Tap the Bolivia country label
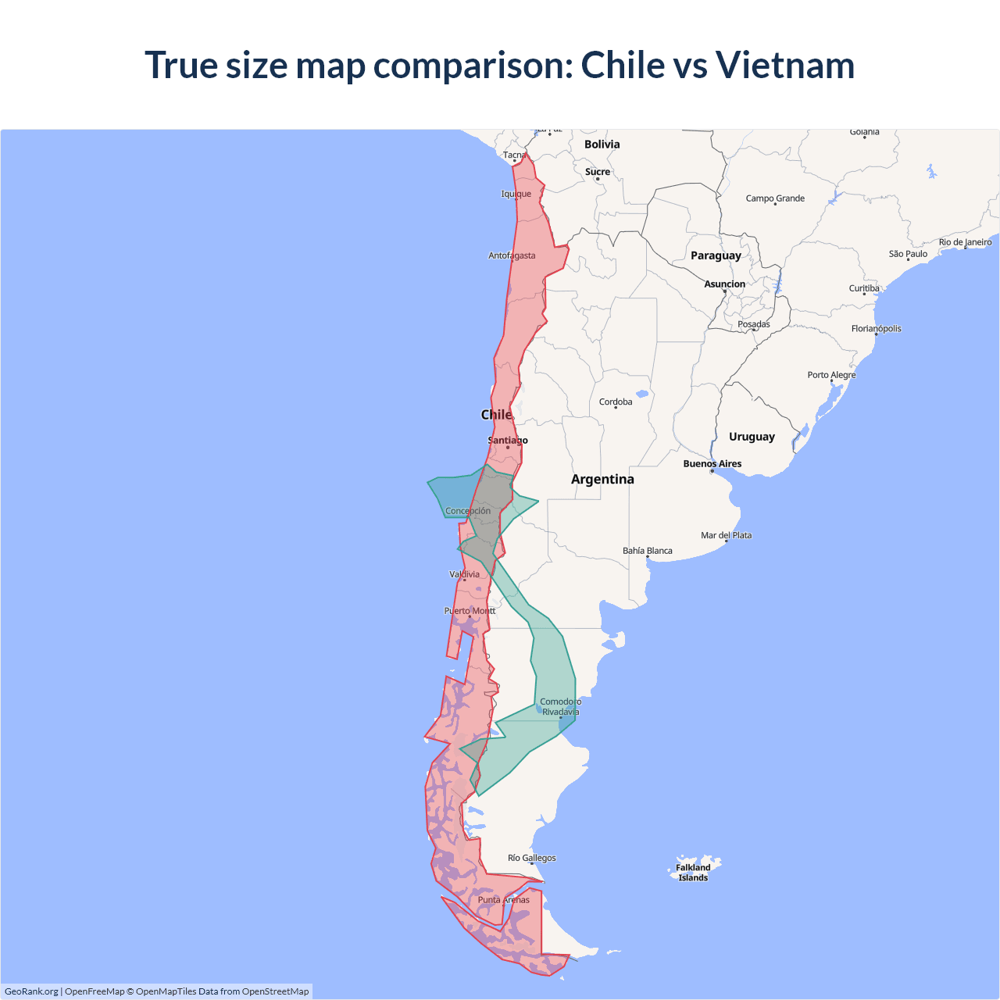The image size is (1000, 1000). (602, 145)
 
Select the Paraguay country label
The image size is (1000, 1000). (716, 255)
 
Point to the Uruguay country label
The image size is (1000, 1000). (752, 437)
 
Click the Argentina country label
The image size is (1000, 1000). (602, 479)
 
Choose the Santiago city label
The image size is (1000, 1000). (508, 441)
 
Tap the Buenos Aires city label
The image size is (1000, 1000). (712, 464)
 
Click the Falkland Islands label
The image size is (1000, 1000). (693, 872)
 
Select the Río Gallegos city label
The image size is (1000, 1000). (532, 858)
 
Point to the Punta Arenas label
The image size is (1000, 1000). (504, 900)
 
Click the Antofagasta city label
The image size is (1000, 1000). (512, 255)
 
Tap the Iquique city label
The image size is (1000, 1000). (516, 194)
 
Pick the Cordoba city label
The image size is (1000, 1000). (616, 402)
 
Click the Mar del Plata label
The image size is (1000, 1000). (726, 535)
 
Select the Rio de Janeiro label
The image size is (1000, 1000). (965, 242)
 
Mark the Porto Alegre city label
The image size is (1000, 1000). (831, 375)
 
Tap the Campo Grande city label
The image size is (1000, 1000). (775, 198)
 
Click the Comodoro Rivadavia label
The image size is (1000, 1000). (561, 707)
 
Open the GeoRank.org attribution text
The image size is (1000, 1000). (31, 991)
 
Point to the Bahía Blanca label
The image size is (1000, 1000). (647, 551)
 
